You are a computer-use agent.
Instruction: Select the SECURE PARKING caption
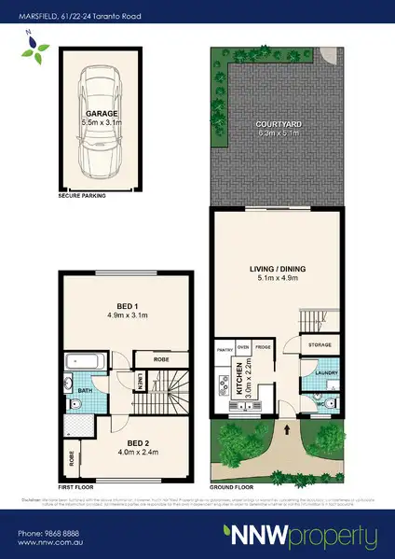82,197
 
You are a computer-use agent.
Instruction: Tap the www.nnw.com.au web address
54,544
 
